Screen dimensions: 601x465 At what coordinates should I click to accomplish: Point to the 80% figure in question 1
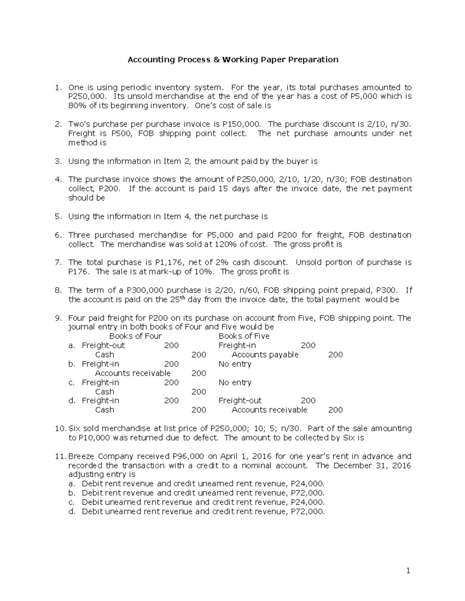click(77, 106)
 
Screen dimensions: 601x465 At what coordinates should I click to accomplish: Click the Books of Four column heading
click(135, 336)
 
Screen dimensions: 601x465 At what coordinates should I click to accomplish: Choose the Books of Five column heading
click(244, 336)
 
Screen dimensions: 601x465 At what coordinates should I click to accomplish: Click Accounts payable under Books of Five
click(265, 355)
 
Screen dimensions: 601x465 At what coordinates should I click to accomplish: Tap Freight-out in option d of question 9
click(240, 401)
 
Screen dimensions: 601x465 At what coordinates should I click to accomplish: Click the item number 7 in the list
click(58, 262)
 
